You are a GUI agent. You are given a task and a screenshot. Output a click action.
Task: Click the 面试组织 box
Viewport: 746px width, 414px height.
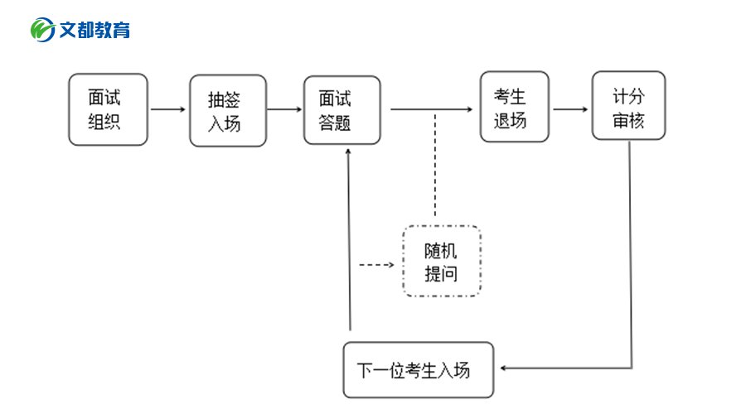(x=108, y=109)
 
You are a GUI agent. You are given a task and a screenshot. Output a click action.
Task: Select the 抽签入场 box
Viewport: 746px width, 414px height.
(x=228, y=111)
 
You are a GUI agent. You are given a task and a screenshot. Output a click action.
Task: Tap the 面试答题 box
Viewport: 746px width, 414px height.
(x=342, y=110)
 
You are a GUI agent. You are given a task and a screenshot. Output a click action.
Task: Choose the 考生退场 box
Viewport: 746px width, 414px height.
(x=514, y=107)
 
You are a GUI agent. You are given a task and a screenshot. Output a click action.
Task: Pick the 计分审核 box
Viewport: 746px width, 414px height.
(x=628, y=105)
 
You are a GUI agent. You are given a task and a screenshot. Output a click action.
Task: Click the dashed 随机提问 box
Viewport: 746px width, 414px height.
(x=441, y=261)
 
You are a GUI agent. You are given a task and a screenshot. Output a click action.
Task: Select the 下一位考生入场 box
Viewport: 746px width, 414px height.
(x=419, y=369)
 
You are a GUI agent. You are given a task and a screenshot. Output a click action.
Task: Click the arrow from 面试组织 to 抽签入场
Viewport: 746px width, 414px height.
(x=168, y=108)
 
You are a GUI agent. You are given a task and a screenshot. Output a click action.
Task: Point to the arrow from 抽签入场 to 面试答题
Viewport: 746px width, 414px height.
(x=284, y=108)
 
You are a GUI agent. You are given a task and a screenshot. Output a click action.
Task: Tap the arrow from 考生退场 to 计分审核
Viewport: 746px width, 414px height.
(x=571, y=108)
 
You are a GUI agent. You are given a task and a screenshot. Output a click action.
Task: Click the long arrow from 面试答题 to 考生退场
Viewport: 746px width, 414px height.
(x=431, y=108)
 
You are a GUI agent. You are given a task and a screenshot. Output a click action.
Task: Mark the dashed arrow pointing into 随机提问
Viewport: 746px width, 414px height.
(x=376, y=265)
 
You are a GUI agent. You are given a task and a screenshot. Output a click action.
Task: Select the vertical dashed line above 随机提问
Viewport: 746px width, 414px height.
(x=435, y=166)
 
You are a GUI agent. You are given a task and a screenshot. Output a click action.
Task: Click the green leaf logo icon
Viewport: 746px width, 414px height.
(x=42, y=30)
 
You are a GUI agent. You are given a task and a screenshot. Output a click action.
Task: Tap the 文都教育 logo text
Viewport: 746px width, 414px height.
(x=94, y=31)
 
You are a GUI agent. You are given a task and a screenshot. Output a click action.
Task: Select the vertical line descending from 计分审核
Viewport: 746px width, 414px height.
(x=631, y=248)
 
